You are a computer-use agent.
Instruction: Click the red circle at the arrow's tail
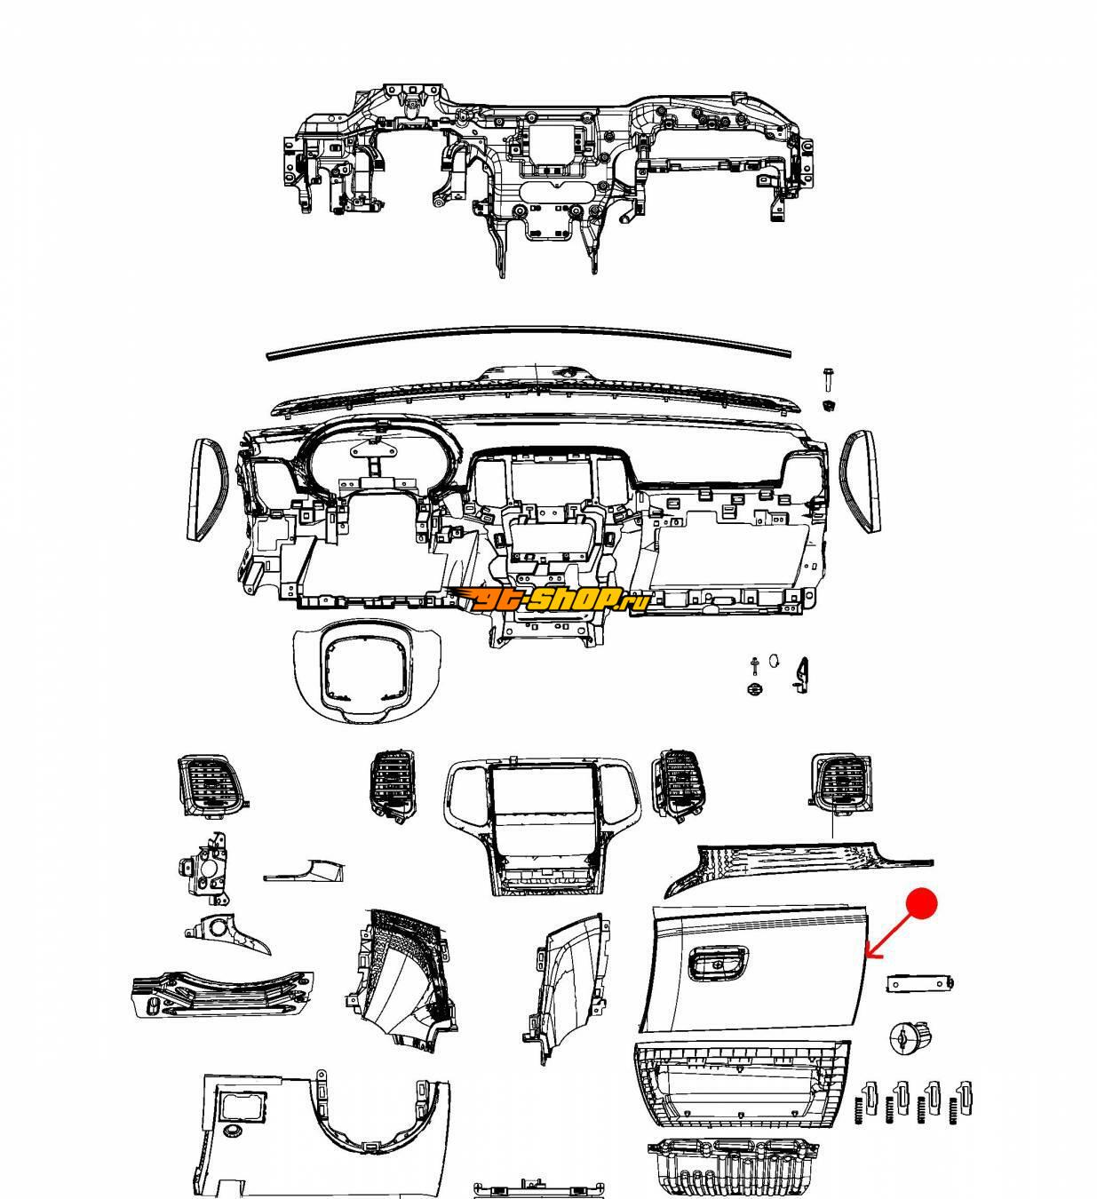pos(921,904)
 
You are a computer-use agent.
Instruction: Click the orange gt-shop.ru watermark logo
pos(550,599)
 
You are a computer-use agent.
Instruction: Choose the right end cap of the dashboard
pos(860,480)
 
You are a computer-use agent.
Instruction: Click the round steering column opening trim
pos(367,671)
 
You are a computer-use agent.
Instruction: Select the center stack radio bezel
pos(542,828)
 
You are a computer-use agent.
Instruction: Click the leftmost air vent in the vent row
pos(211,786)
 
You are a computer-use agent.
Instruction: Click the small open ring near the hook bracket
pos(774,660)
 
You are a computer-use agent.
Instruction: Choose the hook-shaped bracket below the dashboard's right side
pos(801,676)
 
